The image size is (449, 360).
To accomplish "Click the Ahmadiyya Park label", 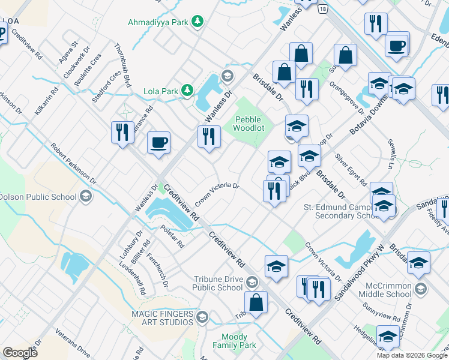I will coord(158,22).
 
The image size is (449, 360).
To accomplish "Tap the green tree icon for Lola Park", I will coord(188,91).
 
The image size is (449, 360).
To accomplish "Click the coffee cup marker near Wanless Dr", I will coord(158,143).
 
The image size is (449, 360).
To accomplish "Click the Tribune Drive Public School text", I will coord(217,283).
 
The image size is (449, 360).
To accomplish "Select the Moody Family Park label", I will coord(238,341).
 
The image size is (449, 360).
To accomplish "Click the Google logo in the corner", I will coord(20,352).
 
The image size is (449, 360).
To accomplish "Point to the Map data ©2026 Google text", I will coord(411,355).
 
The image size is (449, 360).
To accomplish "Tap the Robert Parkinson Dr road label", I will coord(73,163).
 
